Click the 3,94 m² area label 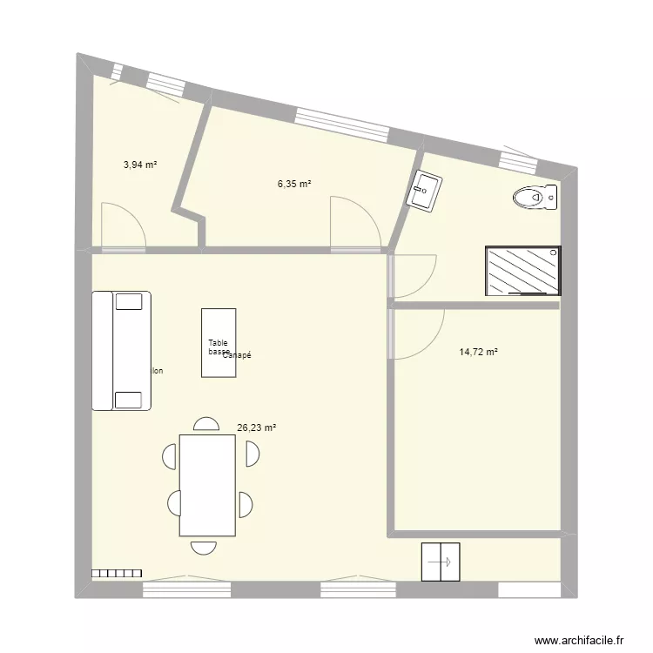[139, 164]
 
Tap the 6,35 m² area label [294, 184]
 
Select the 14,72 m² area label [478, 352]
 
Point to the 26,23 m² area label [256, 427]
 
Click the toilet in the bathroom [535, 199]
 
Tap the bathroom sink [426, 191]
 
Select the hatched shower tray [523, 271]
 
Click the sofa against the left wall [122, 350]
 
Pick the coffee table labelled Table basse [219, 343]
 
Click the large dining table [207, 485]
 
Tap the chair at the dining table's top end [206, 424]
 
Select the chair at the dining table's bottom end [204, 546]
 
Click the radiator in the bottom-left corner [117, 573]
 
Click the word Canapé [237, 355]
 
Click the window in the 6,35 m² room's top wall [341, 124]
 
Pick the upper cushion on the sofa [129, 301]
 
